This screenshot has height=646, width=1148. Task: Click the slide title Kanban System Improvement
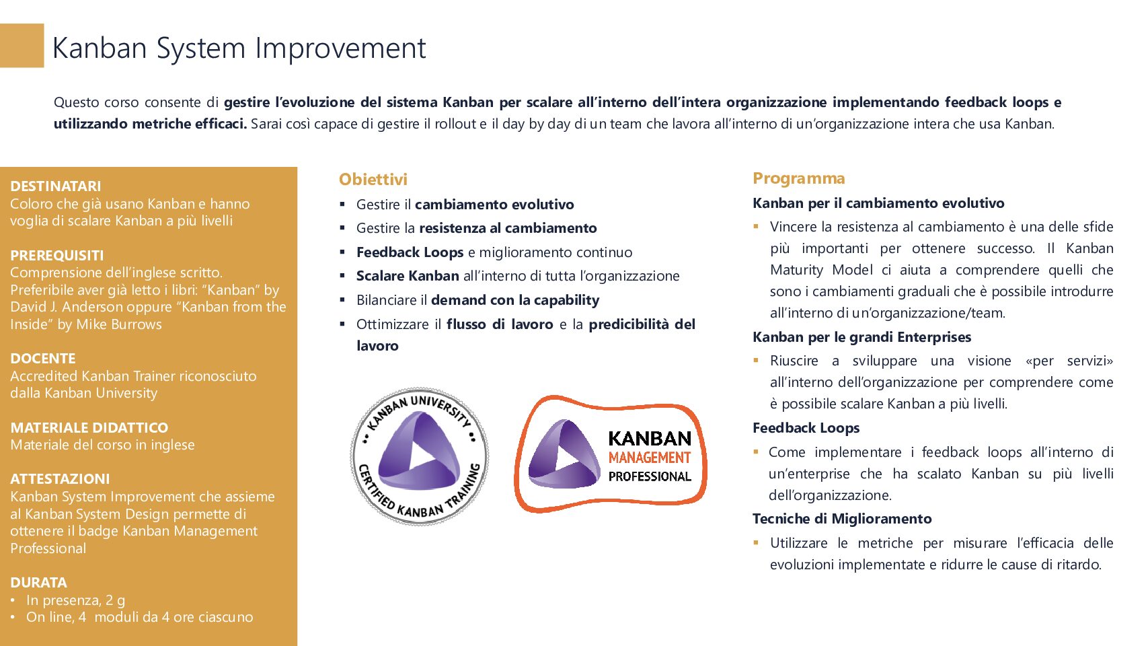click(239, 48)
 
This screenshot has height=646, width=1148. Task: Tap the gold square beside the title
click(22, 46)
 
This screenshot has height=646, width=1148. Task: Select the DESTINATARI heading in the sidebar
click(55, 186)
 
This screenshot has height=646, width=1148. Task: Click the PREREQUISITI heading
click(57, 255)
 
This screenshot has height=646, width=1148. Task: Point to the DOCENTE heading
click(42, 359)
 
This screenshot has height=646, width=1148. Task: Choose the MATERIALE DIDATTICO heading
click(89, 427)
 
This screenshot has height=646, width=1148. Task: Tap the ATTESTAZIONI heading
click(60, 479)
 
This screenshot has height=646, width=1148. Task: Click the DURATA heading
click(38, 583)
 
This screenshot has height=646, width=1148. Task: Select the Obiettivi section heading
click(373, 179)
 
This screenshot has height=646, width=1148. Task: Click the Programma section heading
click(798, 178)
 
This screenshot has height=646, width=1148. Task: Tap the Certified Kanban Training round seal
click(419, 456)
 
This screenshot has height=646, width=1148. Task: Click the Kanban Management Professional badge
click(611, 454)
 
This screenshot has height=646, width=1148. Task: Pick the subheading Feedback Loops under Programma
click(806, 427)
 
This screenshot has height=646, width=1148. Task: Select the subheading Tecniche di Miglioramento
click(842, 519)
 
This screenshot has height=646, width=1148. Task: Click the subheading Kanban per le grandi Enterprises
click(862, 337)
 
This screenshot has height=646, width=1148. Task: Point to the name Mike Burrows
click(119, 324)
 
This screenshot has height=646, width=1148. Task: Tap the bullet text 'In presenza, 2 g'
click(76, 600)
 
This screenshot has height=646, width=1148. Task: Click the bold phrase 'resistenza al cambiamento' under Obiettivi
click(508, 228)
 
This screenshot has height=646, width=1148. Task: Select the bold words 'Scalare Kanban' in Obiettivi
click(408, 276)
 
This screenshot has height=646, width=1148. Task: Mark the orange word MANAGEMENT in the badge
click(650, 458)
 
